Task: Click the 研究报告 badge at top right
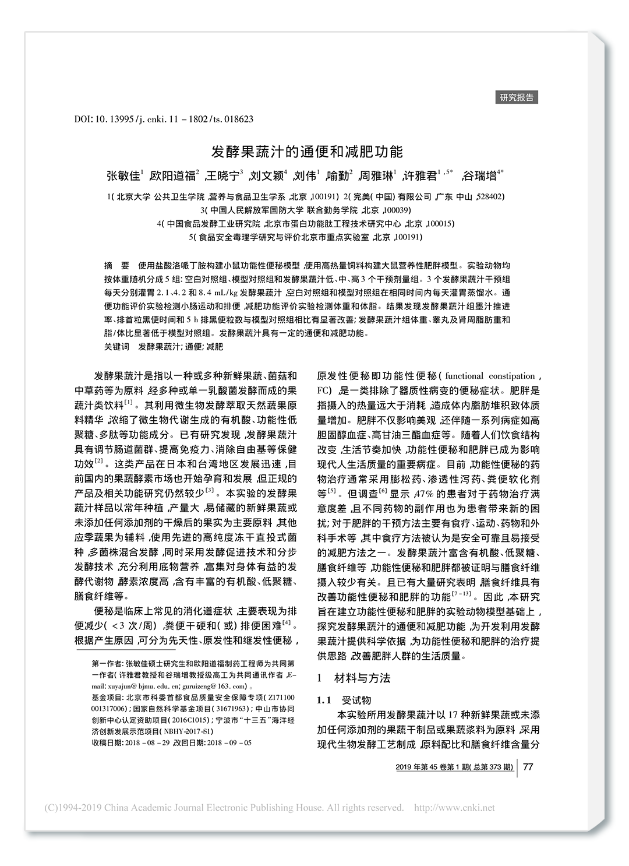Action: point(517,97)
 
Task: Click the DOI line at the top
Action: point(164,119)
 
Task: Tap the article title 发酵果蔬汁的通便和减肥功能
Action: point(306,152)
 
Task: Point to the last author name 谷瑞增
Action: point(479,175)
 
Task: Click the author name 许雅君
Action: point(420,175)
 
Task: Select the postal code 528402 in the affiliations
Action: point(491,196)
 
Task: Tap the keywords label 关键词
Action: point(116,347)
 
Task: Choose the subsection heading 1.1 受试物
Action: point(344,700)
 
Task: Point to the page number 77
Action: point(528,766)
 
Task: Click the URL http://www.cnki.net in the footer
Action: point(454,808)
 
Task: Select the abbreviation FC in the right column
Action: point(324,390)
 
